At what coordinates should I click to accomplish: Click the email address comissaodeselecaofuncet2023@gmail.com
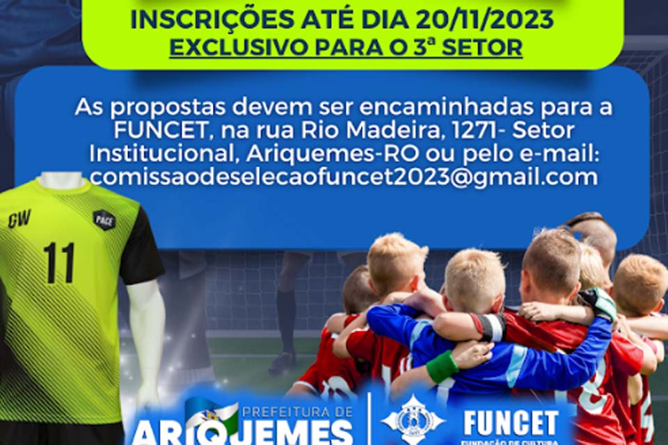click(x=343, y=177)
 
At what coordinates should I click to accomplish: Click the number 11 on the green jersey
click(x=58, y=263)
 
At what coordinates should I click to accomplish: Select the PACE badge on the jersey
click(x=104, y=220)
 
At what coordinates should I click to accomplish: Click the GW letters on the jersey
click(x=19, y=220)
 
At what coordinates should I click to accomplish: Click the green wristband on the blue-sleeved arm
click(x=443, y=366)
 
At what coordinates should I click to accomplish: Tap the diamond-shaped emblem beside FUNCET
click(x=413, y=419)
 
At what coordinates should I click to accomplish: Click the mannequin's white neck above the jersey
click(x=61, y=180)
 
